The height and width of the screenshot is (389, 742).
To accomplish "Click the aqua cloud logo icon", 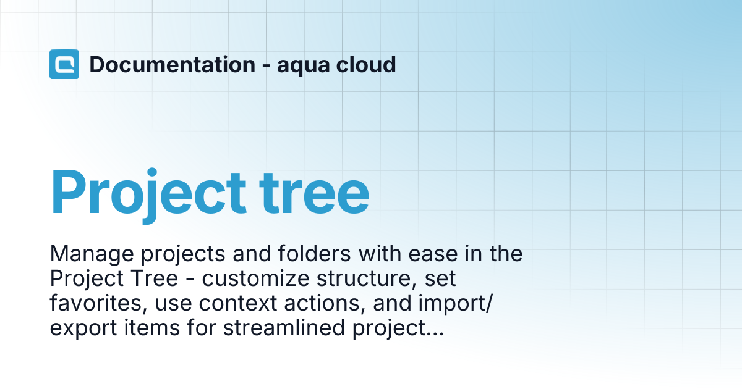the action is (64, 64).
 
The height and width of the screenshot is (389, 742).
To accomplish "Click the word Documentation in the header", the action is (173, 64).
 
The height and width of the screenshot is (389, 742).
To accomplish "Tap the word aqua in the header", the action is (304, 66).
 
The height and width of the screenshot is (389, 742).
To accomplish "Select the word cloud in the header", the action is (366, 64).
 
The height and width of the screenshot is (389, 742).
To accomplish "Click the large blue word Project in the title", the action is (148, 195).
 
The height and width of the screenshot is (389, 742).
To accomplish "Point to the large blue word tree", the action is (314, 193).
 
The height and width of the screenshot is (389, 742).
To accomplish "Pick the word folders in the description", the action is (314, 253).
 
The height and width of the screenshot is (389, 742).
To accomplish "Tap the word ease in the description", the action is (432, 254).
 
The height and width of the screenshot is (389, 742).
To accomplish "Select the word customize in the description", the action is (255, 279).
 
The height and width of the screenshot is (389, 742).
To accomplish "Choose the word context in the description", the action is (237, 304).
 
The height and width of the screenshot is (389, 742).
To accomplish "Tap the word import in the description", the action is (452, 304).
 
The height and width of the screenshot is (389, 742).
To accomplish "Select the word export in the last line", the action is (83, 328).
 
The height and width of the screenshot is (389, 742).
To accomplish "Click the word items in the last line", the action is (151, 328).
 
